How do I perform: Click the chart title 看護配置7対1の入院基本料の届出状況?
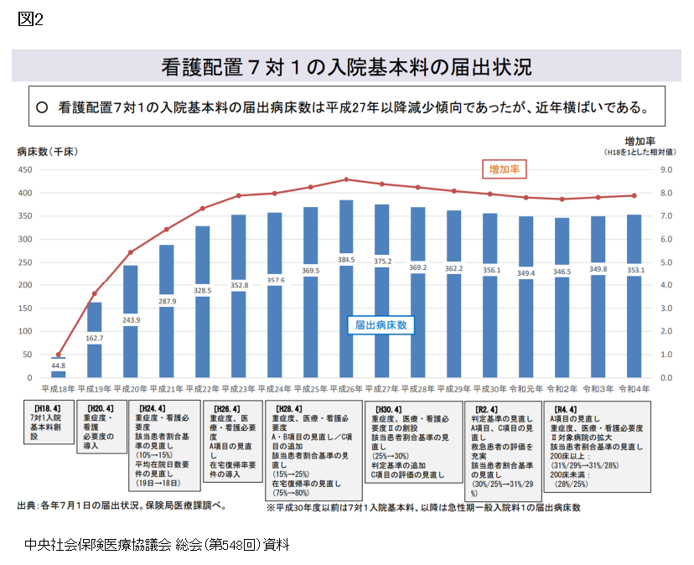pyautogui.click(x=346, y=66)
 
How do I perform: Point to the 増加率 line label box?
pyautogui.click(x=504, y=169)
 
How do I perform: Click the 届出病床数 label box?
pyautogui.click(x=381, y=324)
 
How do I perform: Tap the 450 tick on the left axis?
pyautogui.click(x=24, y=170)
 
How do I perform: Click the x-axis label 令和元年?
pyautogui.click(x=526, y=390)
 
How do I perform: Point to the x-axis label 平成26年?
pyautogui.click(x=346, y=390)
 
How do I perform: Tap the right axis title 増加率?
pyautogui.click(x=640, y=141)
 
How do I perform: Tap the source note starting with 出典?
pyautogui.click(x=122, y=505)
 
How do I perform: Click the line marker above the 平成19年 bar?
pyautogui.click(x=94, y=294)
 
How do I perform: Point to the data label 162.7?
pyautogui.click(x=94, y=339)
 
